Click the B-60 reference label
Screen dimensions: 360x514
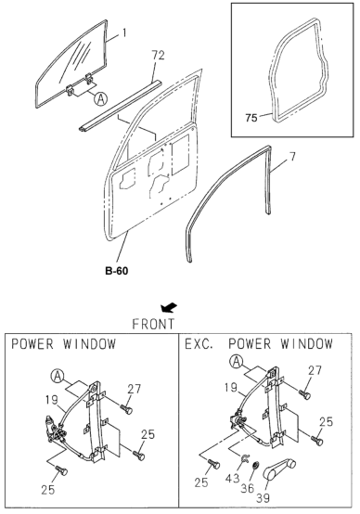tap(117, 271)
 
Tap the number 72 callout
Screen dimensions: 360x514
tap(158, 56)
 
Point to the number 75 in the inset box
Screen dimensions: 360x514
tap(251, 118)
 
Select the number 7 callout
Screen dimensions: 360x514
tap(292, 157)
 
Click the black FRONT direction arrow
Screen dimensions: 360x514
tap(169, 308)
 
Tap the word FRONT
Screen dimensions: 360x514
tap(153, 324)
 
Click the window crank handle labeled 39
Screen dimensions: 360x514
tap(279, 469)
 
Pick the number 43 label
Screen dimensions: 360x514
tap(233, 479)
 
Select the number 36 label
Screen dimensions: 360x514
tap(248, 488)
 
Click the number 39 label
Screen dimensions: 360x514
tap(263, 498)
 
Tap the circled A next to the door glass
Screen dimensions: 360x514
tap(101, 98)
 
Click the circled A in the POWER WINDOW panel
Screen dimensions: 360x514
tap(58, 377)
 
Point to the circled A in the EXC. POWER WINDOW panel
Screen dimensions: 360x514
tap(237, 362)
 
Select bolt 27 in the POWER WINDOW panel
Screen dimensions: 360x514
tap(126, 409)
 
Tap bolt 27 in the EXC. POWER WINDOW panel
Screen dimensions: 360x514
tap(304, 394)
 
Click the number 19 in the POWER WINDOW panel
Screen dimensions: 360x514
tap(52, 400)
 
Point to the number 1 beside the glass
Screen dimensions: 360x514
tap(124, 32)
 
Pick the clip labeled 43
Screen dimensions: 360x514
tap(245, 458)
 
